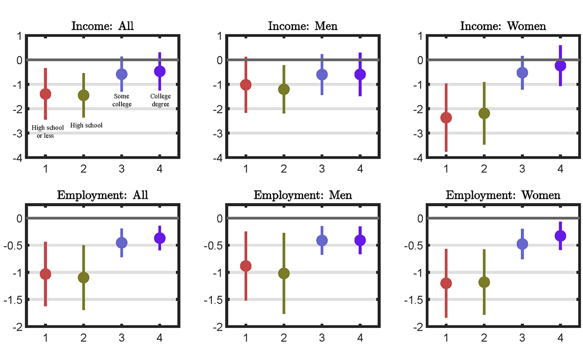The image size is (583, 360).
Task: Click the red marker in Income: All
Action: coord(45,94)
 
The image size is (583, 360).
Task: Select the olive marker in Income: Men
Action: coord(284,89)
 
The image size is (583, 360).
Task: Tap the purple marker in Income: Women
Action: coord(560,65)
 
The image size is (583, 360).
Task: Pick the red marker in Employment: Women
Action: coord(446,283)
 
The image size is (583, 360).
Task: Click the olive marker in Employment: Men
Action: coord(284,274)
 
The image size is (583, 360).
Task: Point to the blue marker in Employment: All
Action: coord(121,242)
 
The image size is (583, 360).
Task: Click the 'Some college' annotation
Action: coord(121,100)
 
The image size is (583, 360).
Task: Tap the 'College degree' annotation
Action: coord(160,100)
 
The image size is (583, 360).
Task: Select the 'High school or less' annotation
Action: coord(48,132)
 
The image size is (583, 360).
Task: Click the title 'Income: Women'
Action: coord(503,26)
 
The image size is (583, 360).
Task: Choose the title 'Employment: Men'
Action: coord(303,195)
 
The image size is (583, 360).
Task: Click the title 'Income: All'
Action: coord(103,26)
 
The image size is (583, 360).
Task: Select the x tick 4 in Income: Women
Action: coord(560,169)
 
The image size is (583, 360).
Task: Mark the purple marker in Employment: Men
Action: coord(360,240)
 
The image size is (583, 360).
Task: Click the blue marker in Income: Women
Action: coord(522,72)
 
